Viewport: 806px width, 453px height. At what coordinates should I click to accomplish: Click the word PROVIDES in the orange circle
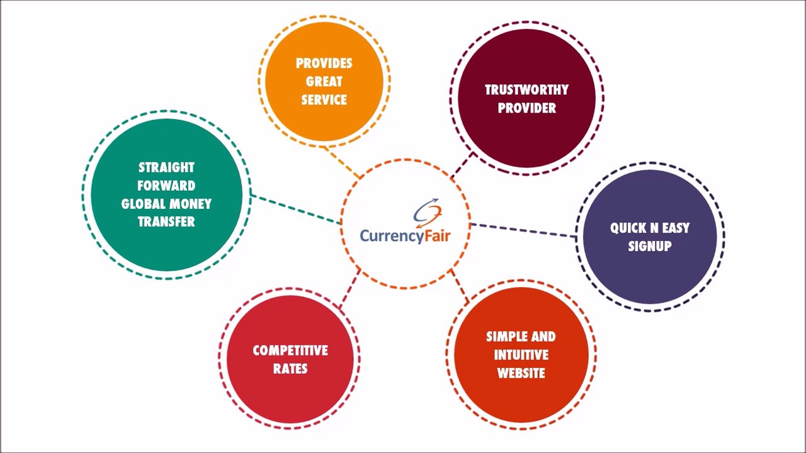(324, 64)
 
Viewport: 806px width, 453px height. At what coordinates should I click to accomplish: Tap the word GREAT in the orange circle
(324, 82)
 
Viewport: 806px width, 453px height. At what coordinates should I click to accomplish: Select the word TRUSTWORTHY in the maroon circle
(526, 90)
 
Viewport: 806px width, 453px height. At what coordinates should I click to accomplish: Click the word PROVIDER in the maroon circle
(526, 108)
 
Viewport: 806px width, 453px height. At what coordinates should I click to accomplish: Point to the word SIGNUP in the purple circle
(649, 246)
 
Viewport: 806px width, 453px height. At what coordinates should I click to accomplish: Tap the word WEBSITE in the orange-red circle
(521, 373)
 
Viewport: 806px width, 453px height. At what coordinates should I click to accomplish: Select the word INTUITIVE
(521, 355)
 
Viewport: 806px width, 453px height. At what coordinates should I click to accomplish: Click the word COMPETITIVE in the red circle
(290, 350)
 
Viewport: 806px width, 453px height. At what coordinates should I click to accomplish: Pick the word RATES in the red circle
(290, 369)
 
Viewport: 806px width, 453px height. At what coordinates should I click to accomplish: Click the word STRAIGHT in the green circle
(166, 168)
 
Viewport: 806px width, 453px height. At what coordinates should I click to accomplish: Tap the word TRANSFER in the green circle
(166, 222)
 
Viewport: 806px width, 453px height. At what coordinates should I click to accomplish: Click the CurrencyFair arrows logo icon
(428, 212)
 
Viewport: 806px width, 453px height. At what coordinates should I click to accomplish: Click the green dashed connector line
(295, 209)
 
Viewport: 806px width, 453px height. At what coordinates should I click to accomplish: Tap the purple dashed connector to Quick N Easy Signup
(523, 230)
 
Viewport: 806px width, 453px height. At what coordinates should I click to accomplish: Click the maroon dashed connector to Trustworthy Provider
(462, 165)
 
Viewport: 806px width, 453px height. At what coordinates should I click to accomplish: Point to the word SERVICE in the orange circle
(324, 100)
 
